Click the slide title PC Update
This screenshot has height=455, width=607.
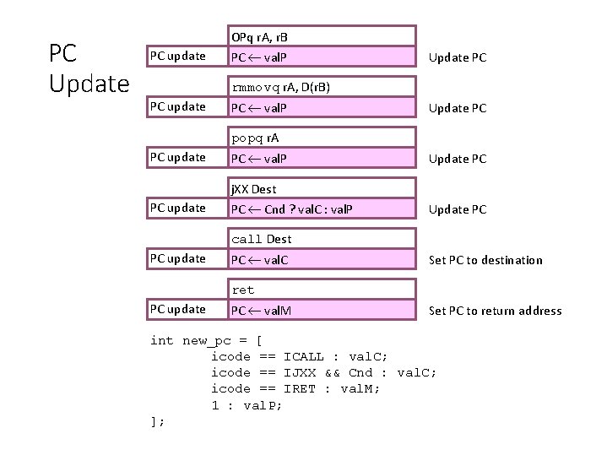click(88, 68)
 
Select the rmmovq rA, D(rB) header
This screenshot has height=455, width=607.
click(280, 87)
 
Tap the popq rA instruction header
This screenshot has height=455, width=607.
click(257, 138)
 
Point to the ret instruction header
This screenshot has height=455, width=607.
click(243, 290)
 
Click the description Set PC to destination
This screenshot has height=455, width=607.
click(485, 260)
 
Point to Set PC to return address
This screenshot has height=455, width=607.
click(495, 311)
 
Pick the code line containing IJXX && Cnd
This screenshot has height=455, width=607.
click(323, 372)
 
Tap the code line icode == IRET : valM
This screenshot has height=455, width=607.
click(295, 388)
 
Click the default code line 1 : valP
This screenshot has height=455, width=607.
click(247, 405)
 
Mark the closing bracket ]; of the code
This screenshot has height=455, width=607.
click(157, 421)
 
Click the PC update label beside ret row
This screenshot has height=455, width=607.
click(177, 309)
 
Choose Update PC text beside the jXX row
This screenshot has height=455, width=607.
click(458, 209)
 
